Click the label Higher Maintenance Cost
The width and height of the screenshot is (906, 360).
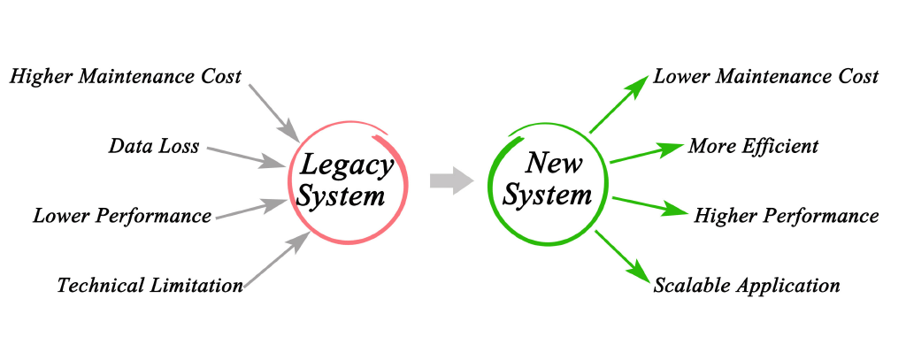[126, 77]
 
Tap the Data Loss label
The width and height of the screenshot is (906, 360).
[154, 146]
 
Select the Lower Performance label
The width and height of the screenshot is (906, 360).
[122, 216]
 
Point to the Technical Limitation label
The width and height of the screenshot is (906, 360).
[150, 285]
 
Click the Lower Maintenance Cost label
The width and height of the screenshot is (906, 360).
[765, 77]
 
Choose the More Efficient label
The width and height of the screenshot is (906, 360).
[753, 146]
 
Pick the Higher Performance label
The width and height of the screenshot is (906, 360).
[787, 216]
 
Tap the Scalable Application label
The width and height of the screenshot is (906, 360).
[747, 285]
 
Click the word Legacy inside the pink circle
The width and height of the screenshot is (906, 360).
[346, 166]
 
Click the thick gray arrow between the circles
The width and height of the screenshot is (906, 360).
[452, 180]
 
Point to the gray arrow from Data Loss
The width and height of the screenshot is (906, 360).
[246, 157]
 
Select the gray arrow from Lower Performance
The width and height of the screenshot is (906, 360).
[251, 209]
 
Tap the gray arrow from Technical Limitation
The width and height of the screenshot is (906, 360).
[277, 259]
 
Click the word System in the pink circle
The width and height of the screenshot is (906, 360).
[341, 195]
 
